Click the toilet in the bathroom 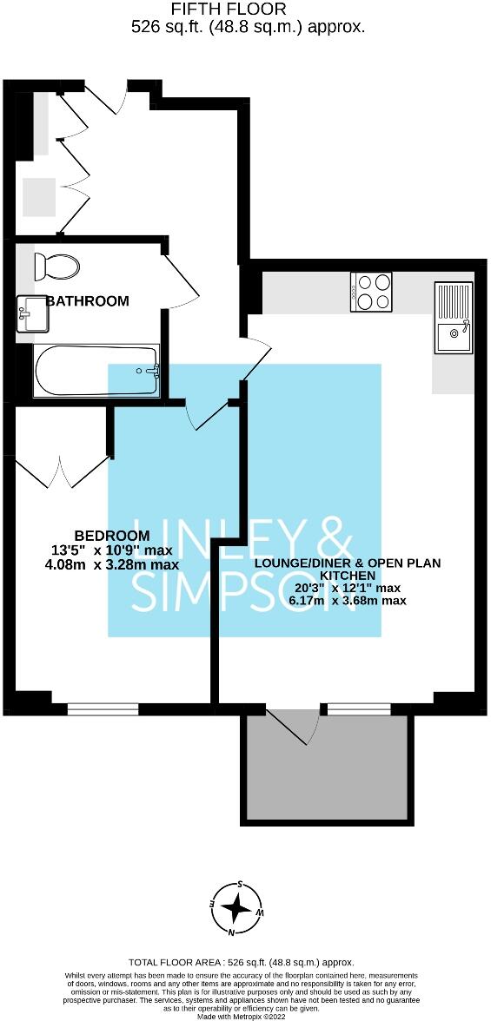pos(56,266)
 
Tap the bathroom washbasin pos(32,313)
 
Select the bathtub pos(96,372)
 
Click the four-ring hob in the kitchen pos(372,291)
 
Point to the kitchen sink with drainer pos(454,318)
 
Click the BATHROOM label pos(88,301)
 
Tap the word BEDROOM pos(111,536)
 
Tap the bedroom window pos(103,708)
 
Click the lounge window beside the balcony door pos(359,708)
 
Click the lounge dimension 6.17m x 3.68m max pos(348,600)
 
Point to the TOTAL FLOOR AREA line pos(241,963)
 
